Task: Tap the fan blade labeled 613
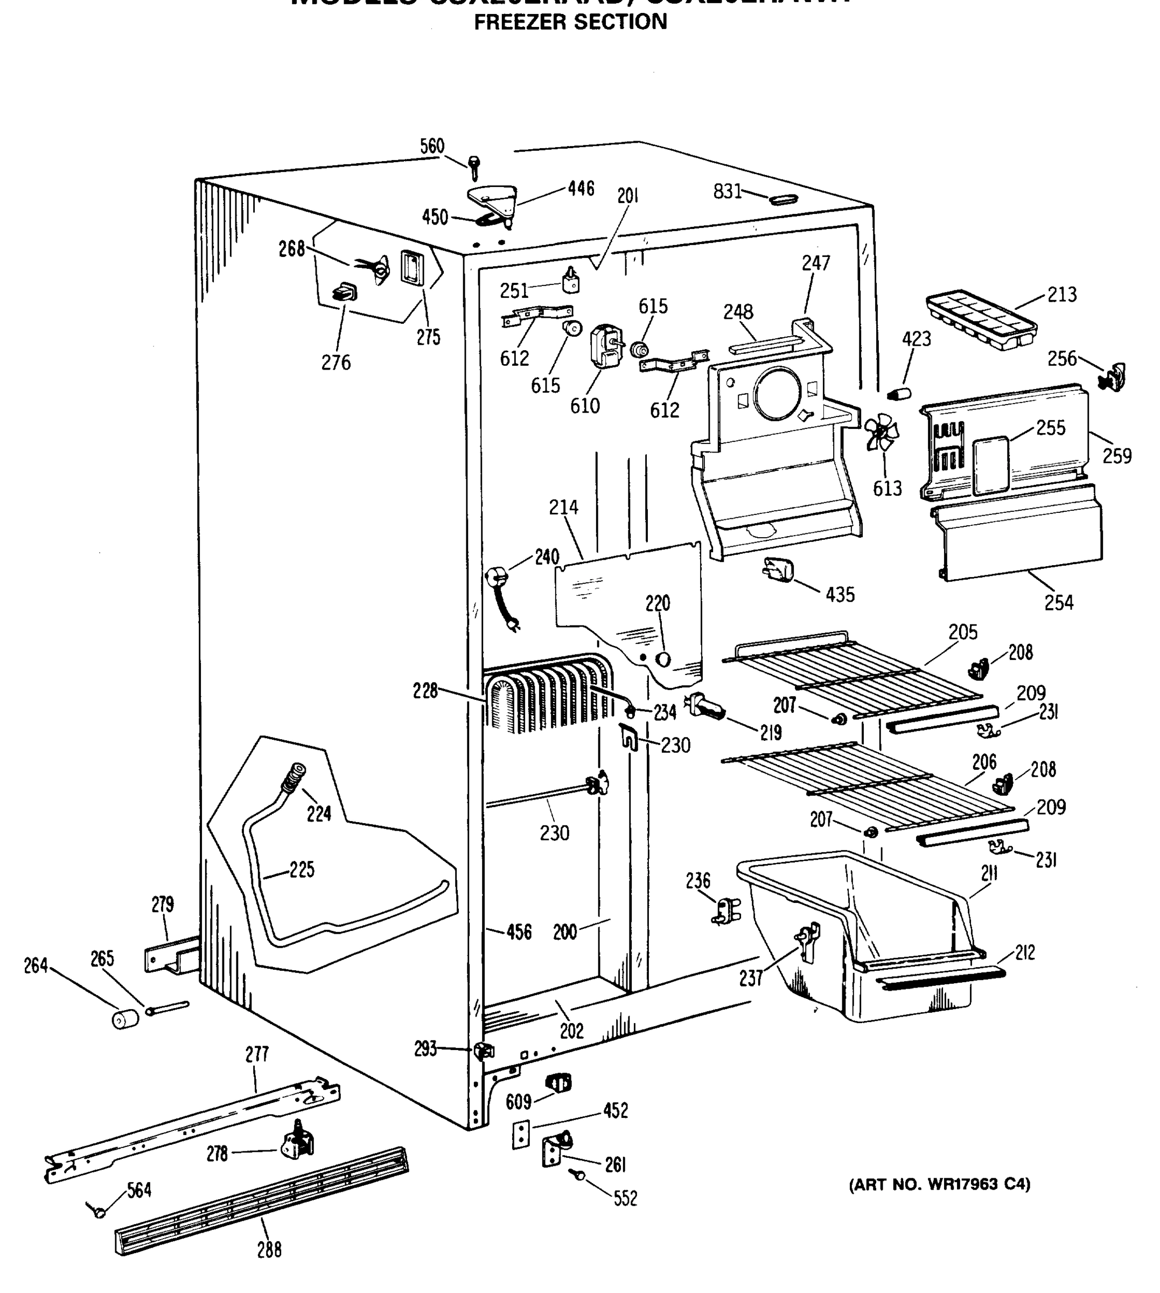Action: click(882, 432)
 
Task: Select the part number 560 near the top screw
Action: click(431, 146)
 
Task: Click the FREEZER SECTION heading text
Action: click(570, 22)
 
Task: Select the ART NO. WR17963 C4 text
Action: click(939, 1185)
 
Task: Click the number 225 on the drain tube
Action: click(302, 870)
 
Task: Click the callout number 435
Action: click(840, 595)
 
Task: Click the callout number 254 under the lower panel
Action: click(1058, 602)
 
